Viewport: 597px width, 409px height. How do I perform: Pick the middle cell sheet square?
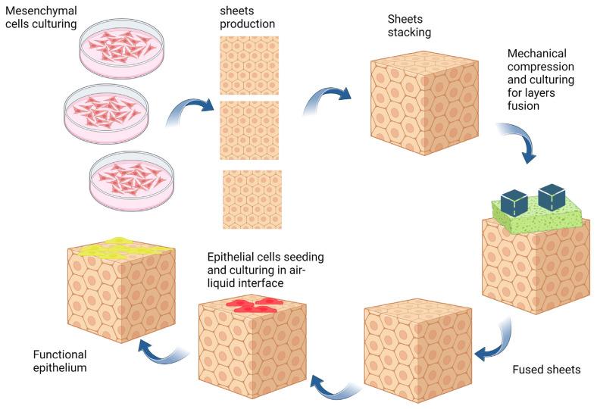click(x=249, y=130)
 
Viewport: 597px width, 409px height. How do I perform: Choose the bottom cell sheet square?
click(x=252, y=200)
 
